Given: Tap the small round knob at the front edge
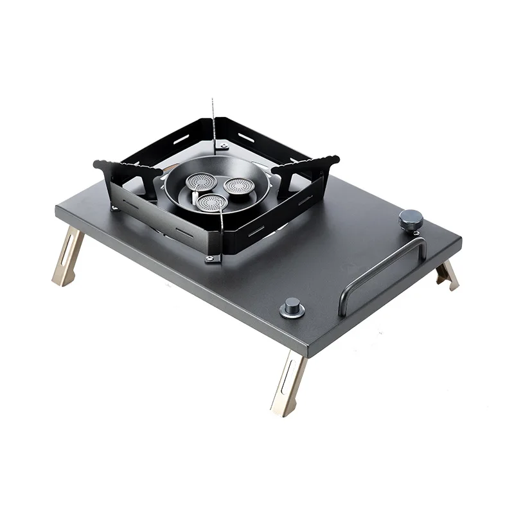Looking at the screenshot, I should coord(293,309).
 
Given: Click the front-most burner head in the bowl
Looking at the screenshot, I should coord(209,204).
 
